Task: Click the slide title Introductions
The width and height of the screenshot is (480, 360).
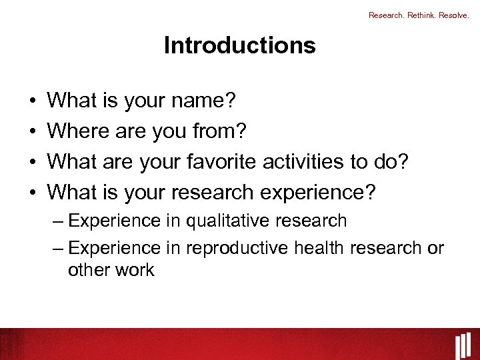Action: click(x=239, y=45)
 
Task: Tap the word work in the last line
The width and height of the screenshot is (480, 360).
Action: click(x=134, y=270)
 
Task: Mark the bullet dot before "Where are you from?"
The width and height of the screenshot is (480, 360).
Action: click(x=33, y=132)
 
